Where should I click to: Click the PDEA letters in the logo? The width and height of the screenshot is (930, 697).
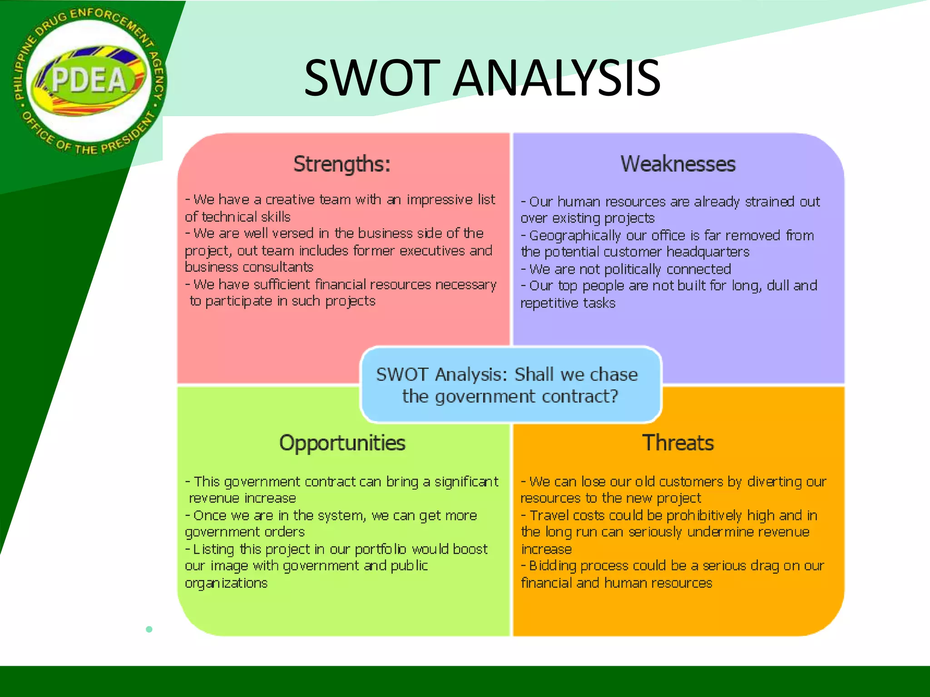(x=89, y=80)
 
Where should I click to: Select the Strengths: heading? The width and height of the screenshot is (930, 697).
(x=341, y=164)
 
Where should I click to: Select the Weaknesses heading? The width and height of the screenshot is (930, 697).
(x=678, y=164)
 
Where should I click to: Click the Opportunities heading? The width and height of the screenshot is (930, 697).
(x=342, y=443)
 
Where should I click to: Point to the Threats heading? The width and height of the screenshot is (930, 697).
(x=678, y=443)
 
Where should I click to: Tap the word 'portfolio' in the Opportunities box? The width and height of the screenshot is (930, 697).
(x=380, y=550)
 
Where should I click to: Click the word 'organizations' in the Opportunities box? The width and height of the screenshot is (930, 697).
(x=226, y=583)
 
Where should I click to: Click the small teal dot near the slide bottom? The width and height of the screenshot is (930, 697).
(x=149, y=629)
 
